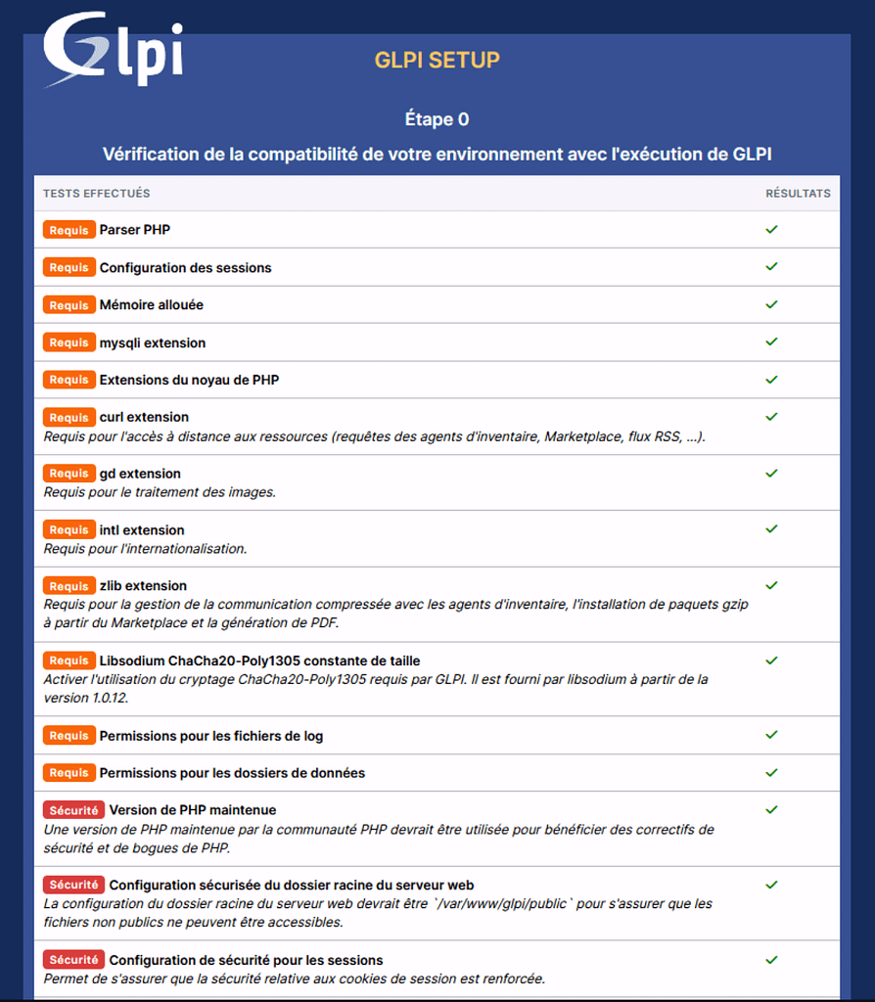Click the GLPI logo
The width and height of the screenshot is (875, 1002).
coord(113,50)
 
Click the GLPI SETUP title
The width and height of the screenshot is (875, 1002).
coord(437,60)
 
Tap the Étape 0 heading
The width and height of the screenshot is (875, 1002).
coord(437,119)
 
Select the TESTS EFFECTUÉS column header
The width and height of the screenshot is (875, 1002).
coord(96,194)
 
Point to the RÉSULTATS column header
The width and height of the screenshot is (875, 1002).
coord(798,194)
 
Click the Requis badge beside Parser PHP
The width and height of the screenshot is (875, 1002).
coord(69,230)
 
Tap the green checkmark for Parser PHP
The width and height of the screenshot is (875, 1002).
coord(771,229)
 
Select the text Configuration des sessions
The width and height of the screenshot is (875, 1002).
coord(185,268)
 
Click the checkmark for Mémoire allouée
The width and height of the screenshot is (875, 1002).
coord(771,304)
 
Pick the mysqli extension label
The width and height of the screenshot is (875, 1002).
coord(152,342)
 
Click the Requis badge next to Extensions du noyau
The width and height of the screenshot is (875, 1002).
coord(69,380)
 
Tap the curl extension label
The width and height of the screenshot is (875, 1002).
coord(144,417)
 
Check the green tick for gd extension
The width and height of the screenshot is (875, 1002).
coord(771,473)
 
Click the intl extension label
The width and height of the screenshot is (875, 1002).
coord(142,530)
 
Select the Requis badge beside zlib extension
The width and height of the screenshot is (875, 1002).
coord(69,586)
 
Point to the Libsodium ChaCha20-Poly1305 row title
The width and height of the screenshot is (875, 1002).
coord(259,660)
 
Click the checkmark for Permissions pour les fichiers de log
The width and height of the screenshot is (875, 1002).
coord(771,735)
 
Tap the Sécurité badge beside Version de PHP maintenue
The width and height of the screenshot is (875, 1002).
coord(73,810)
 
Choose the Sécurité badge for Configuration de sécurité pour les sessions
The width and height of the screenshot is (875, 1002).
coord(73,960)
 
